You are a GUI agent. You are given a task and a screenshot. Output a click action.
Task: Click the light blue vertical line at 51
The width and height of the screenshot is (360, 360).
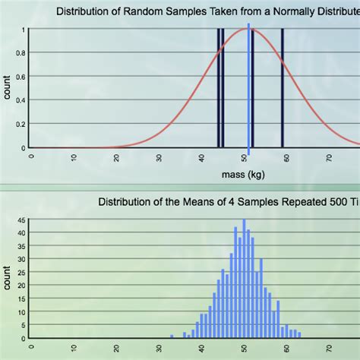[x=248, y=91]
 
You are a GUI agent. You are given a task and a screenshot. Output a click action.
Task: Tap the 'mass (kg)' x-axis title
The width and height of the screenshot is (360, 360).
[x=243, y=175]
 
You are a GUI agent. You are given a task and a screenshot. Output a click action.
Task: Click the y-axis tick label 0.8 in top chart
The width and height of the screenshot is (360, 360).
[x=23, y=53]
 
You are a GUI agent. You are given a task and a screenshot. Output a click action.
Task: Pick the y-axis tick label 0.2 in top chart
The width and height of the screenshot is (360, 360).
[x=23, y=125]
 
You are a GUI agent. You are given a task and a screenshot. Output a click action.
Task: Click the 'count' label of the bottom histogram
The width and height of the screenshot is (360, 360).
[x=8, y=277]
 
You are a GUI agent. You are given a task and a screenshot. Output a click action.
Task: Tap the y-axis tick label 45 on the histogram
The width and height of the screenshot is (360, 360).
[x=24, y=221]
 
